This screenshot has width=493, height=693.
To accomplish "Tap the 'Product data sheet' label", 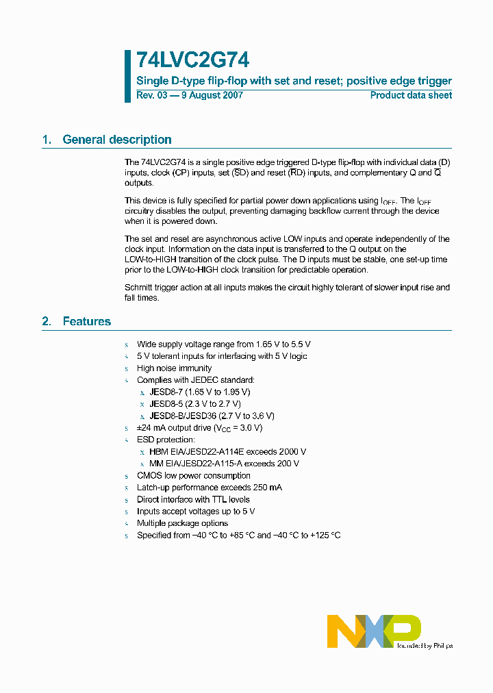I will click(x=411, y=95).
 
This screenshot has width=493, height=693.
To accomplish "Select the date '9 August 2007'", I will click(x=211, y=95).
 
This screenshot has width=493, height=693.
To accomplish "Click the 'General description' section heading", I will click(x=117, y=140).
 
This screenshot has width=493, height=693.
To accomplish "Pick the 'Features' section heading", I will click(x=86, y=321).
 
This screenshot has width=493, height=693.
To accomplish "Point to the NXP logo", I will click(x=373, y=630).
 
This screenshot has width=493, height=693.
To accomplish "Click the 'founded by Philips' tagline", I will click(x=425, y=645).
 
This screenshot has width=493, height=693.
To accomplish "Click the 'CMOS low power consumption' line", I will click(x=194, y=475).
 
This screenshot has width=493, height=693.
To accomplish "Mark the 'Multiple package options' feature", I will click(x=182, y=523).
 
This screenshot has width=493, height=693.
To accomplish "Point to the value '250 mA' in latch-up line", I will click(x=266, y=488).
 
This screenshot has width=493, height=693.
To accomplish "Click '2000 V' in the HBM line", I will click(x=291, y=451).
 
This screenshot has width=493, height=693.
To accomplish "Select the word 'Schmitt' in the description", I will click(x=139, y=288).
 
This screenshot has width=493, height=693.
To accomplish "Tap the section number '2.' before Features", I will click(x=47, y=321).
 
